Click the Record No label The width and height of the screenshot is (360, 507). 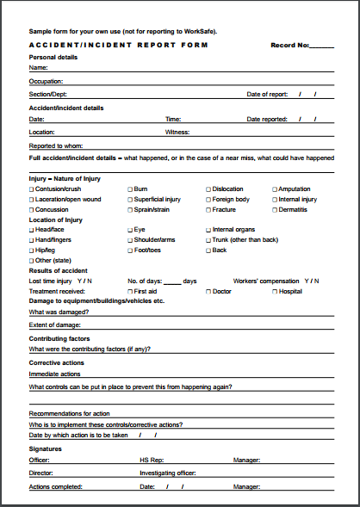pyautogui.click(x=289, y=45)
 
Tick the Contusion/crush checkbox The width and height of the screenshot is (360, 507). pyautogui.click(x=32, y=189)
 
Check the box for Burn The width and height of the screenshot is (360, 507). pyautogui.click(x=130, y=189)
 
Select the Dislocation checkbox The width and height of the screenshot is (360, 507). pyautogui.click(x=208, y=189)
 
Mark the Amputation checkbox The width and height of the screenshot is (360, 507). pyautogui.click(x=275, y=189)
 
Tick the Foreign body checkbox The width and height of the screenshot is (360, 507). pyautogui.click(x=208, y=199)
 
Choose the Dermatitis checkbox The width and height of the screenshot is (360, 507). pyautogui.click(x=275, y=209)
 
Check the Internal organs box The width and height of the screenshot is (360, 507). pyautogui.click(x=208, y=230)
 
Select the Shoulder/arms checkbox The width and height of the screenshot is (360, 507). pyautogui.click(x=130, y=240)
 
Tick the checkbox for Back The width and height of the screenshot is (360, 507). pyautogui.click(x=208, y=250)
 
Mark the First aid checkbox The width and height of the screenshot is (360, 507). pyautogui.click(x=130, y=292)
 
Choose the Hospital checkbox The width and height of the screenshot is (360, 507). pyautogui.click(x=275, y=292)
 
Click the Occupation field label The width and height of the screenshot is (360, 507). pyautogui.click(x=46, y=80)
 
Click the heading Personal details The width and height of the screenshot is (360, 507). pyautogui.click(x=53, y=57)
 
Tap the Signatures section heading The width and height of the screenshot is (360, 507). pyautogui.click(x=47, y=448)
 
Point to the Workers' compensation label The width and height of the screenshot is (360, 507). pyautogui.click(x=266, y=281)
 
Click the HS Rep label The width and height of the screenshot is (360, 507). pyautogui.click(x=151, y=461)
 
